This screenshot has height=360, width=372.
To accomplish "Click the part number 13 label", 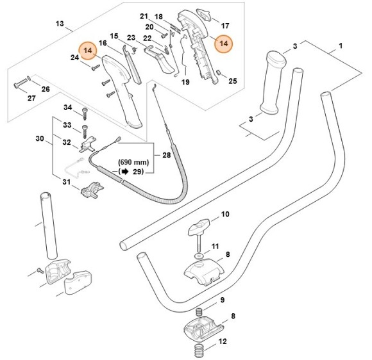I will pos(60,24).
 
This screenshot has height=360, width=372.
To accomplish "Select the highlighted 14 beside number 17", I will pos(224,43).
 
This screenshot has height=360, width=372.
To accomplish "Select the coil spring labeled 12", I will pos(199,350).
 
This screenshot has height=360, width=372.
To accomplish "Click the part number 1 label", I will pos(341,47).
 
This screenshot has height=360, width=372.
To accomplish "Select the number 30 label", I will pos(39,138).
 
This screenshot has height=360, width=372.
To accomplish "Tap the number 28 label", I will pos(167,155).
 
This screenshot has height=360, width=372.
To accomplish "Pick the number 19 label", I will pos(185,83).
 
